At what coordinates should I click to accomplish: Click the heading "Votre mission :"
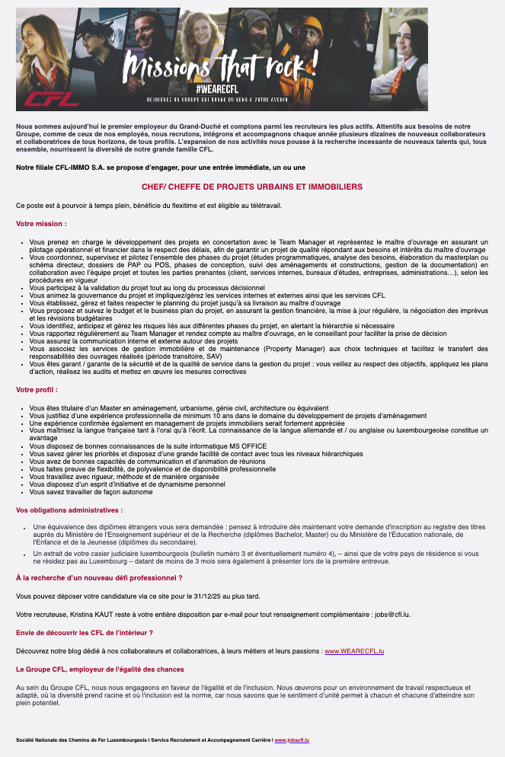point(41,224)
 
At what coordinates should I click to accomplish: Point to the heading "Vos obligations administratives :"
point(69,509)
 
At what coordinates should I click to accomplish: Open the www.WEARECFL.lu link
point(354,651)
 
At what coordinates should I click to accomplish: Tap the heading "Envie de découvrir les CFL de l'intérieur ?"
point(85,633)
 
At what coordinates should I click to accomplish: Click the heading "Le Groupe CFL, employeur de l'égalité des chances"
point(100,669)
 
